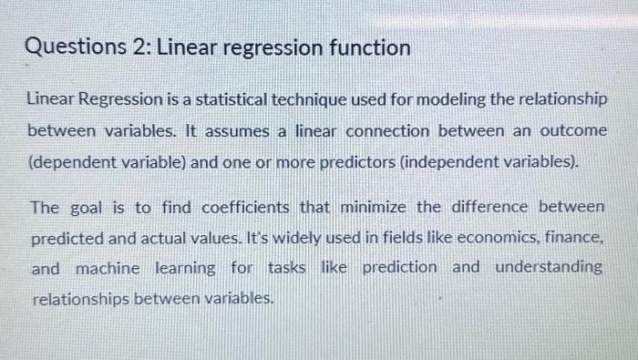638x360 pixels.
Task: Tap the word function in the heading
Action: coord(366,46)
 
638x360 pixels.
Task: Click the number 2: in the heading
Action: coord(141,46)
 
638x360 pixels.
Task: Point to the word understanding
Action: coord(549,268)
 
